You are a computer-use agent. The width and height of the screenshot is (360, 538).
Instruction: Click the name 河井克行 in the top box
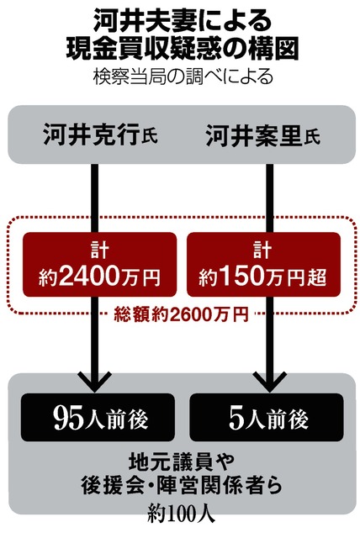tap(92, 134)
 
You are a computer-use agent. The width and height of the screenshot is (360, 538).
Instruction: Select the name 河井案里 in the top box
tap(254, 135)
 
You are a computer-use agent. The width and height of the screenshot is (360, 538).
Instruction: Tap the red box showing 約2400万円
tap(99, 264)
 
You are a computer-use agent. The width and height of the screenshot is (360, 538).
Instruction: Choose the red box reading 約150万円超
tap(263, 264)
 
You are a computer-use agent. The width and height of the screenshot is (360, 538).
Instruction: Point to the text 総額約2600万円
tap(181, 314)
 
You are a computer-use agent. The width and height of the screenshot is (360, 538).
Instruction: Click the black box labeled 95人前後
tap(98, 418)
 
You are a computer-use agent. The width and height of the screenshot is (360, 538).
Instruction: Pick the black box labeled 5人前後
tap(267, 418)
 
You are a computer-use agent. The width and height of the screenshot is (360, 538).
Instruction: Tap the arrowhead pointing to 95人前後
tap(95, 382)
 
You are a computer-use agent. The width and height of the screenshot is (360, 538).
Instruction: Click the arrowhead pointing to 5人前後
tap(270, 382)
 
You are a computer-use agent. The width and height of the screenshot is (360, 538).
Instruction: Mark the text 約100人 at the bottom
tap(182, 513)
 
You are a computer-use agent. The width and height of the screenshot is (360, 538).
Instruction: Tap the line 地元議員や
tap(182, 462)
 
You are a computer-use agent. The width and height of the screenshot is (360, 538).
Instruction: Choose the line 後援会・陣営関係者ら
tap(182, 485)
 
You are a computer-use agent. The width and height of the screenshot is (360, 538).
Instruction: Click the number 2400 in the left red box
tap(90, 276)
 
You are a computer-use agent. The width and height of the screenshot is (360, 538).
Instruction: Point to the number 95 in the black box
tap(68, 419)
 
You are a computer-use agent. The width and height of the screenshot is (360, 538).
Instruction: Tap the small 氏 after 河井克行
tap(149, 137)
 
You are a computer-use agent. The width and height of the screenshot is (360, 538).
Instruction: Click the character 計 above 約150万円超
tap(262, 250)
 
